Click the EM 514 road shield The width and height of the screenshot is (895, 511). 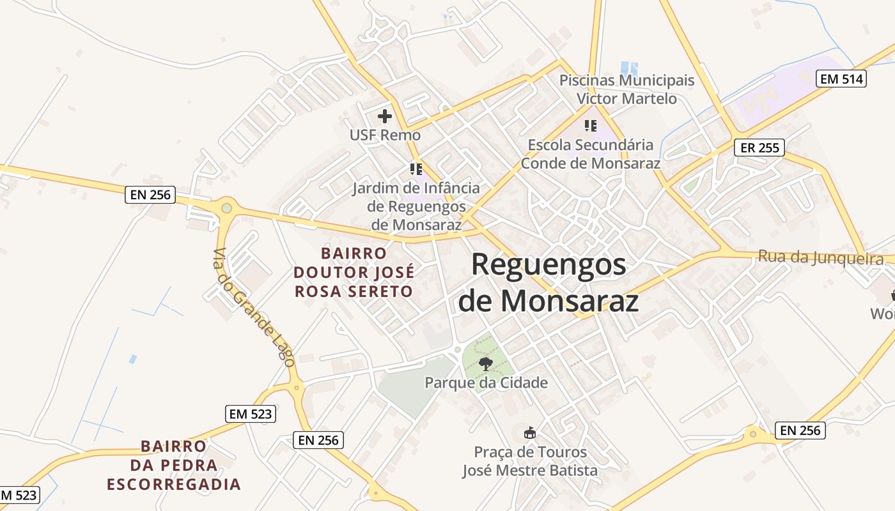[841, 79]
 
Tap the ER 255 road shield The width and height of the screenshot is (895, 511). [758, 148]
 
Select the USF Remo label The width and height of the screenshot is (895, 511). [385, 135]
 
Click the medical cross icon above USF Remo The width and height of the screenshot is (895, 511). [385, 116]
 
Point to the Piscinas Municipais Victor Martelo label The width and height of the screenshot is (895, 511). [626, 89]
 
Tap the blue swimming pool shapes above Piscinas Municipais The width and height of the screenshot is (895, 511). [629, 67]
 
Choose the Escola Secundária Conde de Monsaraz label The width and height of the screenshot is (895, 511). [590, 154]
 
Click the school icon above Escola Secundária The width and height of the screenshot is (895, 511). [590, 126]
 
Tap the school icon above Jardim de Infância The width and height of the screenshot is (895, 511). [416, 169]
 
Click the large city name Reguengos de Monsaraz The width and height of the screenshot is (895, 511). [549, 282]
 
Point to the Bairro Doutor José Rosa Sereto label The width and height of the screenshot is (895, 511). [354, 273]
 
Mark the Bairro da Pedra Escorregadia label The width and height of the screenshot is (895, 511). [174, 465]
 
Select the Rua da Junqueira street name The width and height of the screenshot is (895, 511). [821, 257]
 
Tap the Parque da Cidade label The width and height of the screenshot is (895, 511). [486, 383]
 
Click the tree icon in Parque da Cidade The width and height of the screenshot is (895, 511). [486, 364]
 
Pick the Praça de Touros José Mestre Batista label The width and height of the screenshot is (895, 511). [530, 461]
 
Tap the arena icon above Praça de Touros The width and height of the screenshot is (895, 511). [530, 433]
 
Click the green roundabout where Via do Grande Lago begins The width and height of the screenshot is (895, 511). [226, 208]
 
